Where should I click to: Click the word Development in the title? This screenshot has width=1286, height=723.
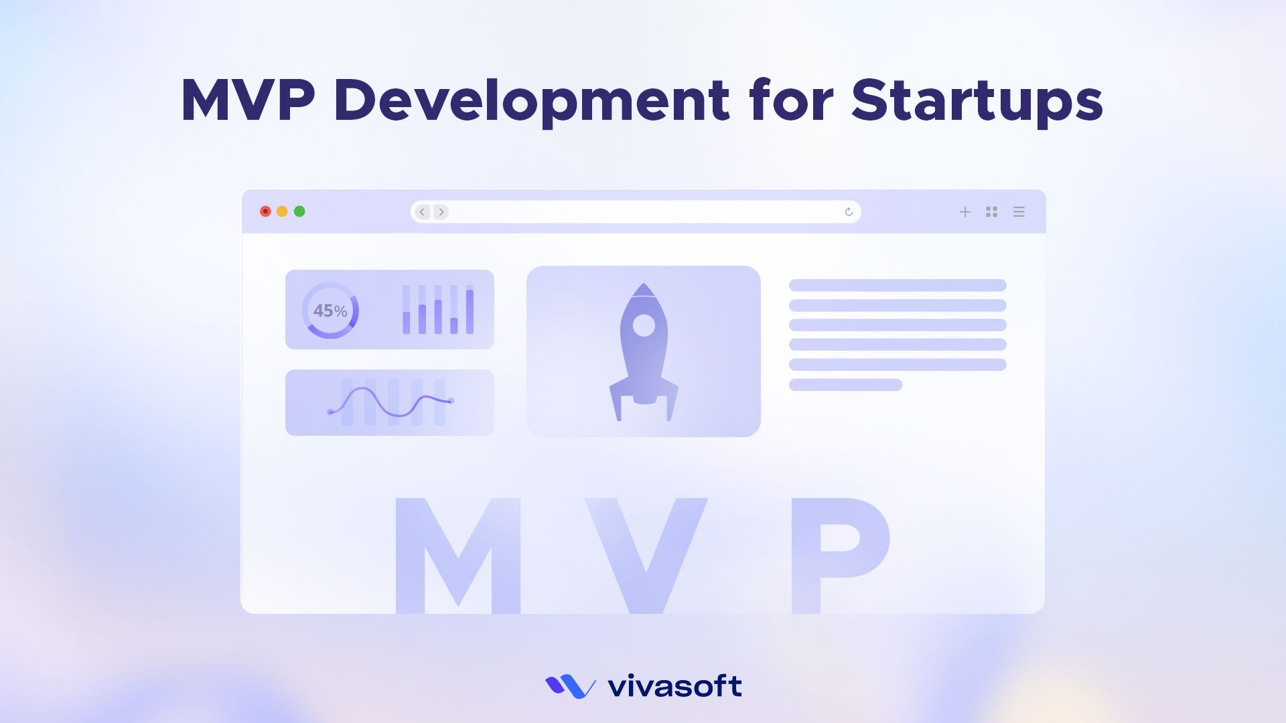pos(531,100)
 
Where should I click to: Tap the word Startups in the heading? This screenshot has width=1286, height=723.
pos(977,100)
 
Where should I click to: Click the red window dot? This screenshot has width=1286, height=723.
pos(265,212)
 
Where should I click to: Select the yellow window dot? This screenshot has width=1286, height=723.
pos(282,212)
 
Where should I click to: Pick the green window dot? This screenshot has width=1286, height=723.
pos(299,212)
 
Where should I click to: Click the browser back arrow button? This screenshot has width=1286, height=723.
pos(422,212)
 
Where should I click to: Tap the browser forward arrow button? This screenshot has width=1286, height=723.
pos(441,212)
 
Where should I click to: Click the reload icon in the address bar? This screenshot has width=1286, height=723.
pos(849,212)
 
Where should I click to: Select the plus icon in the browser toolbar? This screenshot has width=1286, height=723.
pos(965,212)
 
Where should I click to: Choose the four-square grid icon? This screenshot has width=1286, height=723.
pos(992,212)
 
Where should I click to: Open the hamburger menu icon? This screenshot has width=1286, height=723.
pos(1019,212)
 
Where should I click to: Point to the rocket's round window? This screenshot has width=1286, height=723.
pos(644,325)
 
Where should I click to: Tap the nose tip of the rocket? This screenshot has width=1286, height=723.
pos(644,284)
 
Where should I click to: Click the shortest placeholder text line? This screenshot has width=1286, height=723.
pos(845,385)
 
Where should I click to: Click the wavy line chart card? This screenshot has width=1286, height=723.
pos(390,403)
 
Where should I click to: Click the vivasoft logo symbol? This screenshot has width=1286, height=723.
pos(570,687)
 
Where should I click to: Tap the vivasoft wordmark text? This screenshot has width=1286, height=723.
pos(674,686)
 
